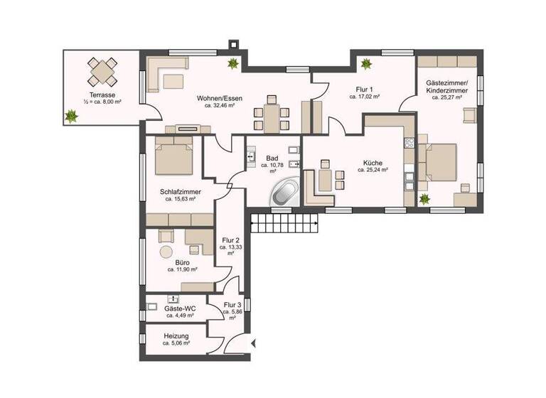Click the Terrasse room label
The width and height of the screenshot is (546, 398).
[x=102, y=95]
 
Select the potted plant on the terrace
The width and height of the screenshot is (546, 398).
[x=72, y=115]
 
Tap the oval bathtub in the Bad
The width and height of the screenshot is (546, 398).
[x=285, y=192]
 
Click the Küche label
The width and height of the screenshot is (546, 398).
[x=373, y=162]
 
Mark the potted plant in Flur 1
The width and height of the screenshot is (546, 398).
[x=367, y=64]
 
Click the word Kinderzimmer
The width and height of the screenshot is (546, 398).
[x=445, y=91]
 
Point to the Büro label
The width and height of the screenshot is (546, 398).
[x=182, y=262]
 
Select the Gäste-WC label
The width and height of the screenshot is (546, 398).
[x=179, y=308]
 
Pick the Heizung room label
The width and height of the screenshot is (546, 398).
[x=176, y=335]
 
